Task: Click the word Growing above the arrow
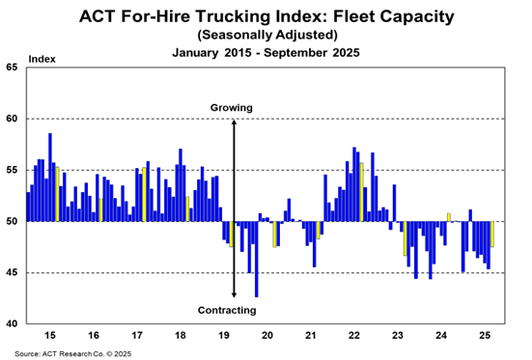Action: click(x=232, y=108)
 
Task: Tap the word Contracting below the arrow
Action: click(x=227, y=310)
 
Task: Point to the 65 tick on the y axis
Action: click(x=12, y=68)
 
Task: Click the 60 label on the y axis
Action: click(x=12, y=119)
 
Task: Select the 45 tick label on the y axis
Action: click(x=12, y=273)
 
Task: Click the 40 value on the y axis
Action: click(x=12, y=323)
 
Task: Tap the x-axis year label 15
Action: click(x=50, y=335)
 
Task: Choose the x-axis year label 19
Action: click(x=224, y=335)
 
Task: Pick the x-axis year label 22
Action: click(x=354, y=335)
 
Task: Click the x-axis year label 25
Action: click(x=485, y=335)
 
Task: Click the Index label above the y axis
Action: click(x=42, y=59)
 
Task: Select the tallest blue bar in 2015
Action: click(x=50, y=178)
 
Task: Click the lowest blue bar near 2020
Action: click(x=257, y=260)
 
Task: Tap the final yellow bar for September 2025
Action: click(x=492, y=235)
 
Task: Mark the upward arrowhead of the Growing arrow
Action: click(x=234, y=122)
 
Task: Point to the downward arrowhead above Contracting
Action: click(x=234, y=294)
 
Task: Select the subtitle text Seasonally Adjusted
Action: click(x=267, y=35)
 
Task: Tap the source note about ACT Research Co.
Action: click(x=73, y=354)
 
